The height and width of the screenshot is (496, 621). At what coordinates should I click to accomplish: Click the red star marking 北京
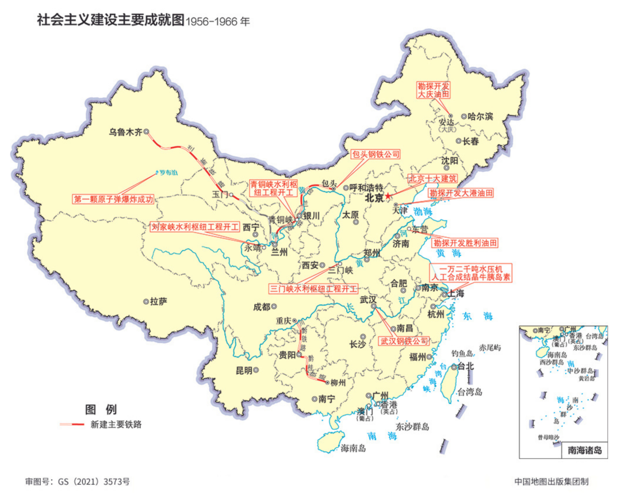[x=388, y=197]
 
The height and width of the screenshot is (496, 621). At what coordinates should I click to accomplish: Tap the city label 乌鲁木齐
[x=125, y=132]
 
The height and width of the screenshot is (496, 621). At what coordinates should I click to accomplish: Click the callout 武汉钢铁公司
[x=404, y=341]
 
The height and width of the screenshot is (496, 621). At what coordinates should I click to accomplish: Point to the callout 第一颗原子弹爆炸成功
[x=114, y=199]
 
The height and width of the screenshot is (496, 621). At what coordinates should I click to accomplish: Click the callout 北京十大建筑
[x=433, y=179]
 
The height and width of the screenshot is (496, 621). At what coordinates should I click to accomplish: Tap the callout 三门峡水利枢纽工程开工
[x=313, y=288]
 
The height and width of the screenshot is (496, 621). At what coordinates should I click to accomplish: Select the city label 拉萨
[x=158, y=301]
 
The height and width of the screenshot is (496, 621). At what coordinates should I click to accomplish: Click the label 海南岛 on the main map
[x=353, y=448]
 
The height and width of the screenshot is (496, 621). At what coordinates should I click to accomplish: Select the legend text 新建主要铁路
[x=116, y=425]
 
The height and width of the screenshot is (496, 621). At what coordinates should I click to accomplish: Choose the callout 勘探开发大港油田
[x=462, y=194]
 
